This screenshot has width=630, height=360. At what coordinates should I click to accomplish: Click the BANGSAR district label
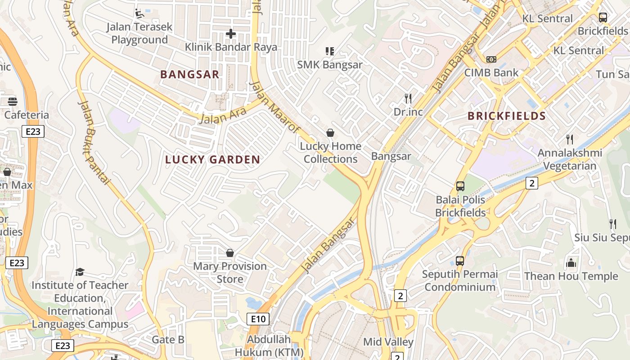[x=190, y=75]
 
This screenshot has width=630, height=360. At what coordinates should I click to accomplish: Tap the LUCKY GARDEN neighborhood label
[x=212, y=159]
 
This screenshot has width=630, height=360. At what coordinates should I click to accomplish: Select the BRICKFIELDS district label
[x=507, y=116]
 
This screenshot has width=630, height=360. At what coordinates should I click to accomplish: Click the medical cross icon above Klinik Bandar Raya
[x=231, y=34]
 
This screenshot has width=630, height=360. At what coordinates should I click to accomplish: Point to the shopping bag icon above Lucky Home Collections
[x=330, y=133]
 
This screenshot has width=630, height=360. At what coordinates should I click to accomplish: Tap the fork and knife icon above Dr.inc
[x=408, y=99]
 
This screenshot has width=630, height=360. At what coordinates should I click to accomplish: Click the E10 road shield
[x=258, y=319]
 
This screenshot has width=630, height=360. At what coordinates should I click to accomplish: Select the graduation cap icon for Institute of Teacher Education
[x=80, y=272]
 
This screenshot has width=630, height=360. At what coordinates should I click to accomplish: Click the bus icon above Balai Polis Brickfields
[x=460, y=186]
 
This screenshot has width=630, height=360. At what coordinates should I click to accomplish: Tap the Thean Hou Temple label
[x=571, y=276]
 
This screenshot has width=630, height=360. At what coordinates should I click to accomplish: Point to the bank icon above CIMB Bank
[x=491, y=59]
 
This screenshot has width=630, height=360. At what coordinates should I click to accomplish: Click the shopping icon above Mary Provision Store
[x=230, y=253]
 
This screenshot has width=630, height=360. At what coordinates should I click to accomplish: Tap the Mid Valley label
[x=388, y=342]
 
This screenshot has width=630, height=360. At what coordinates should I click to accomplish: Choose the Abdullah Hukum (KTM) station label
[x=269, y=346]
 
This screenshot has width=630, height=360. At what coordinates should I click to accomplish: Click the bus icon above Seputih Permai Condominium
[x=460, y=261]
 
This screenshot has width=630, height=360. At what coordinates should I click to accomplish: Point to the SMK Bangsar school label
[x=330, y=65]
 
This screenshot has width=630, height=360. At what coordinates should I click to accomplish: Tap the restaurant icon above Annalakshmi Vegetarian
[x=570, y=139]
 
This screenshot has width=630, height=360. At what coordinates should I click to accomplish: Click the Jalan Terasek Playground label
[x=139, y=33]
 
